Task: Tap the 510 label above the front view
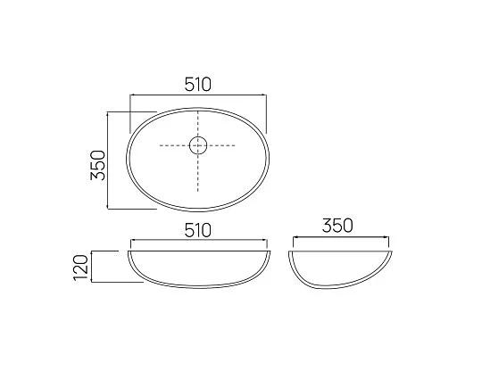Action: coord(197,230)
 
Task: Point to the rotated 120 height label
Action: coord(81,266)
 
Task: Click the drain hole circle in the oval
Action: coord(198,144)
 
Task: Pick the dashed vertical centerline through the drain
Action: coord(198,174)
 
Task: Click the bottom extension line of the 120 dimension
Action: coord(116,283)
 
